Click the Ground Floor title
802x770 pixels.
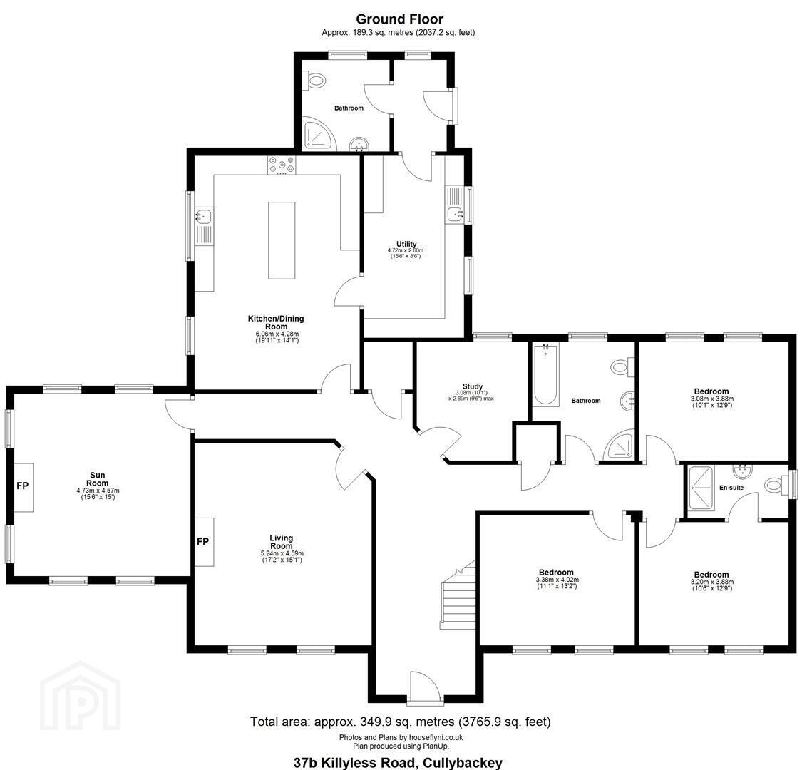pyautogui.click(x=399, y=19)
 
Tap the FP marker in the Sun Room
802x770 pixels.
pyautogui.click(x=23, y=486)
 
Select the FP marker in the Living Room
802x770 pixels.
pyautogui.click(x=203, y=541)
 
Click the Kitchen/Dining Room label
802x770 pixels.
pyautogui.click(x=276, y=322)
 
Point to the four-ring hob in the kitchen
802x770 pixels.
pyautogui.click(x=282, y=165)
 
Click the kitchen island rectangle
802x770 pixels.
pyautogui.click(x=282, y=240)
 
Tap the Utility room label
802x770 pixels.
pyautogui.click(x=406, y=244)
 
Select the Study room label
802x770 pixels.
pyautogui.click(x=473, y=386)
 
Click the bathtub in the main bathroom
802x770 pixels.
pyautogui.click(x=546, y=374)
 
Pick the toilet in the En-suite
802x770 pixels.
pyautogui.click(x=778, y=484)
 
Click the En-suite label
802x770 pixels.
pyautogui.click(x=731, y=488)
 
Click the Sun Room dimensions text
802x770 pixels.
pyautogui.click(x=97, y=493)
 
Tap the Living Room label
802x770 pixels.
pyautogui.click(x=282, y=542)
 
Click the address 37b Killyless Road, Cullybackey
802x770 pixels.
pyautogui.click(x=398, y=762)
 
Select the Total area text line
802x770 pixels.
pyautogui.click(x=401, y=722)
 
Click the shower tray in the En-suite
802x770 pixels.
pyautogui.click(x=701, y=488)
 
